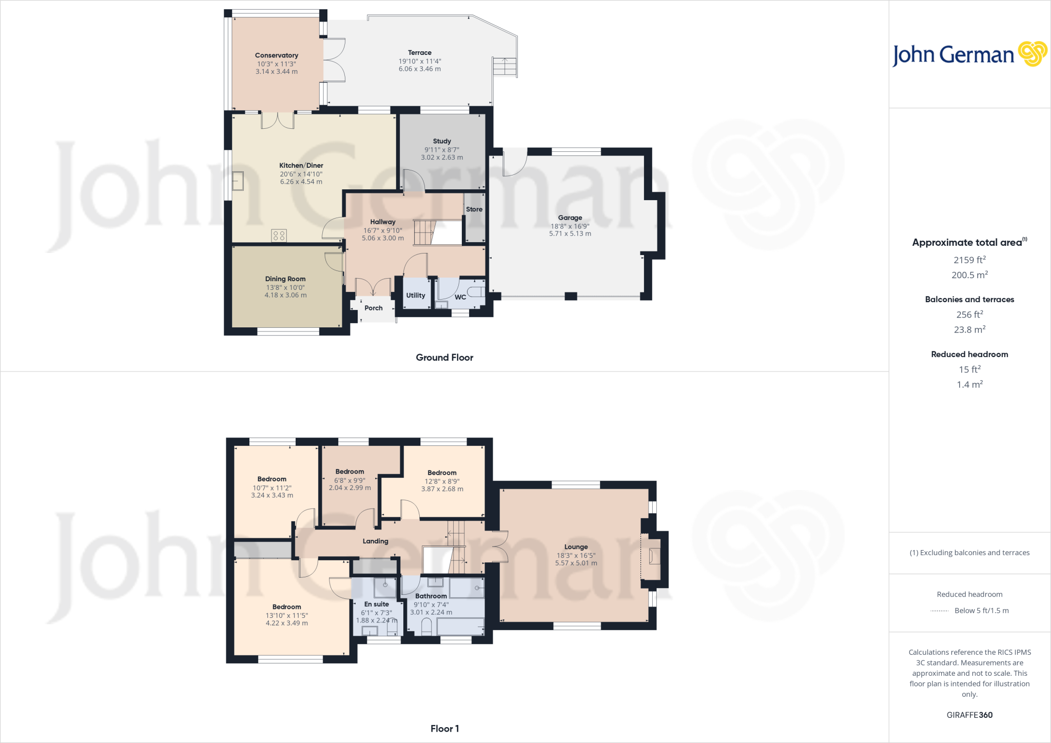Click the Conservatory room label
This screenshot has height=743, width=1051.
pos(276,55)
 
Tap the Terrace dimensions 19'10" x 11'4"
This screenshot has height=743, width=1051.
pos(420,61)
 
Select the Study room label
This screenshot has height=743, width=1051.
pos(441,141)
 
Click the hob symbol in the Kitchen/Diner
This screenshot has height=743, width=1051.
pos(279,236)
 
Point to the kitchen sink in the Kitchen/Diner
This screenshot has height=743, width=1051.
pos(238,181)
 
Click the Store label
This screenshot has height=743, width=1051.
pos(474,209)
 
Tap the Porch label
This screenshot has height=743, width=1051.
pos(373,308)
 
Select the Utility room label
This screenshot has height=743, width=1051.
pos(415,295)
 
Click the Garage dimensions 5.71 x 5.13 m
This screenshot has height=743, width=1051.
pos(570,234)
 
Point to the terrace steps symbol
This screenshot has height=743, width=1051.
pos(504,66)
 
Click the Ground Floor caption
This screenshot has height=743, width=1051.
pos(444,358)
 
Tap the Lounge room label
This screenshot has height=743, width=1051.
pos(576,547)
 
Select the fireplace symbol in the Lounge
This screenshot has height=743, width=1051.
pos(653,556)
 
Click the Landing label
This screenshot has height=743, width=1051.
pos(375,541)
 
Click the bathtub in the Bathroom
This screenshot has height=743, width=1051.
pos(460,627)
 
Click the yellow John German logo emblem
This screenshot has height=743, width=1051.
pos(1032,54)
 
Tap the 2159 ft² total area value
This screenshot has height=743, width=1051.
pos(969,260)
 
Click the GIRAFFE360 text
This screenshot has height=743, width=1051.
pos(969,715)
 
